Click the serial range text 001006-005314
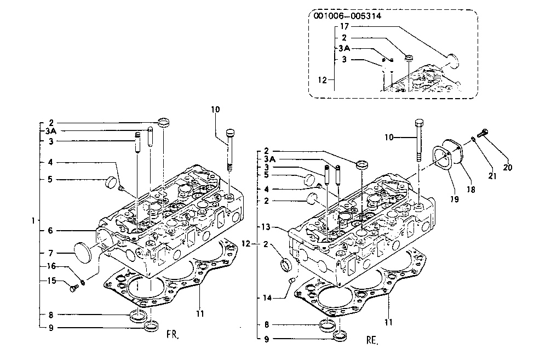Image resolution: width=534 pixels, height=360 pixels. (x=347, y=16)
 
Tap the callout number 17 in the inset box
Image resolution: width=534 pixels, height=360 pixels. (x=344, y=26)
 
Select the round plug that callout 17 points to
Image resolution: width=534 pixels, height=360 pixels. (x=453, y=61)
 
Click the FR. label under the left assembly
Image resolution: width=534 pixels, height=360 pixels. (x=173, y=334)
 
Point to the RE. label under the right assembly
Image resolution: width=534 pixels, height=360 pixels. (x=372, y=340)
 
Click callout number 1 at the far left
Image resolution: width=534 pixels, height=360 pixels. (x=33, y=221)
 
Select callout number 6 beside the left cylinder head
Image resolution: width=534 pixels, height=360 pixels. (x=50, y=231)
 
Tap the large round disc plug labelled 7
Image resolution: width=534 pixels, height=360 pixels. (x=83, y=253)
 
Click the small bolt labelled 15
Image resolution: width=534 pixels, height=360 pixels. (x=74, y=288)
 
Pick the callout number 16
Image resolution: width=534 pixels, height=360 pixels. (x=51, y=266)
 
